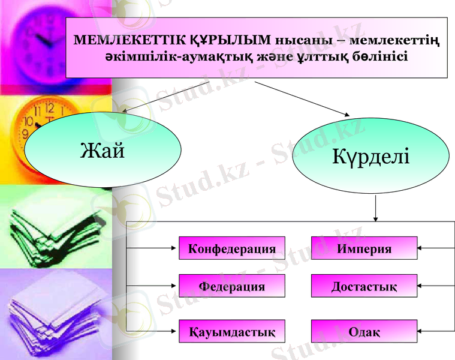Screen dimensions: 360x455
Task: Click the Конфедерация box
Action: (232, 248)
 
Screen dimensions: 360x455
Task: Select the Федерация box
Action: (232, 286)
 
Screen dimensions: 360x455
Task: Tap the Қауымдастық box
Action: (232, 331)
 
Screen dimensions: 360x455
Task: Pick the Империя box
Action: (364, 248)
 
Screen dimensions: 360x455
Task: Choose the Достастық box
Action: (364, 286)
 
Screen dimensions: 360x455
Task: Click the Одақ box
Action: (364, 331)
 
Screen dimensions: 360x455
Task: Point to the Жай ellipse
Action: (103, 149)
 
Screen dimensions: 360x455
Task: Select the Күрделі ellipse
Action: (370, 157)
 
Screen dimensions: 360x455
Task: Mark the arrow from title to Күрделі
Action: (303, 98)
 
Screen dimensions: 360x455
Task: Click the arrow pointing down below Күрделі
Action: (376, 209)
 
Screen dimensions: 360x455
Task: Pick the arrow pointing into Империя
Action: (435, 247)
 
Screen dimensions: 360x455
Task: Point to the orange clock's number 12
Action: (50, 109)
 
